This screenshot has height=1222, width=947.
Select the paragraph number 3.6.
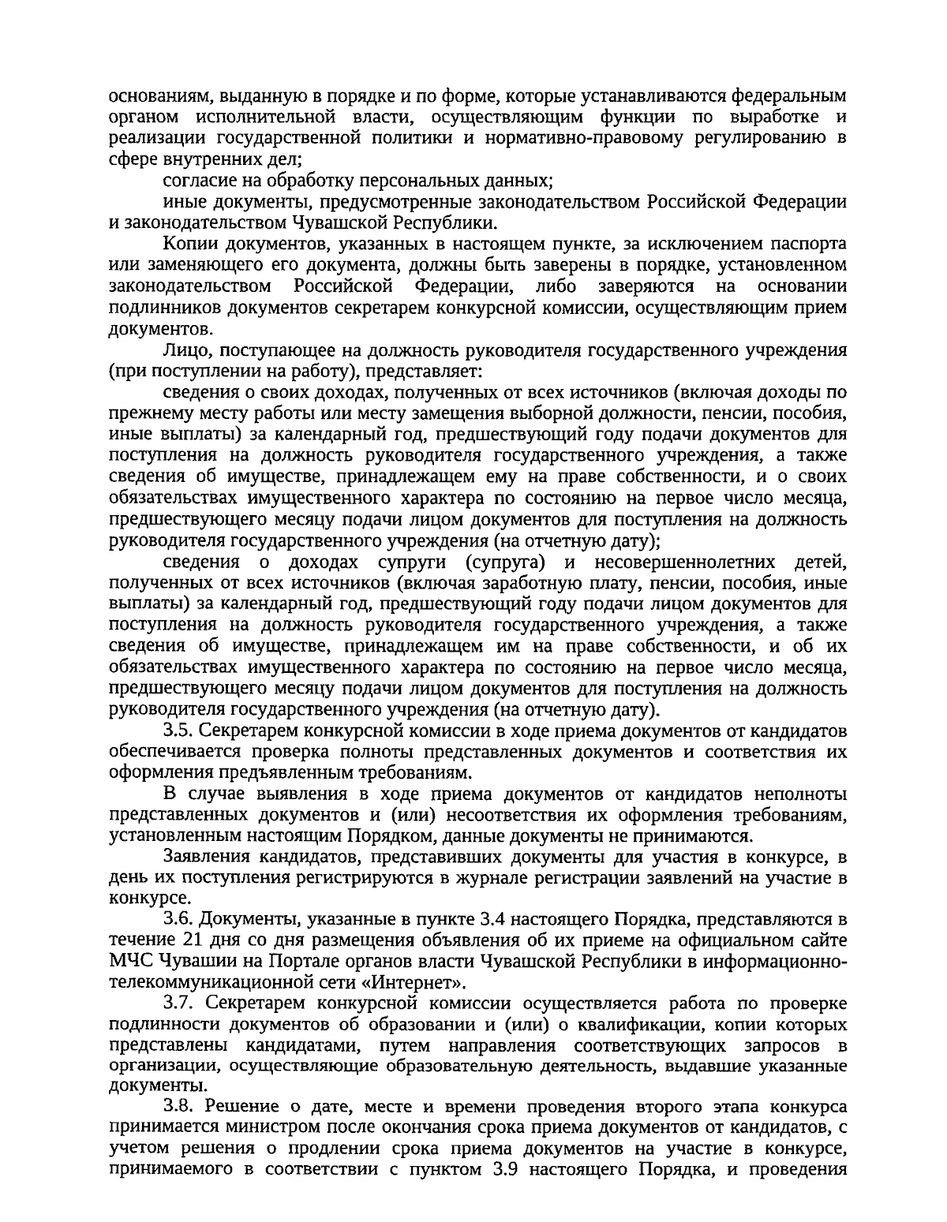176,919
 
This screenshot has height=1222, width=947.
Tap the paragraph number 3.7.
176,1004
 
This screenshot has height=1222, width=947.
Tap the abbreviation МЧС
130,962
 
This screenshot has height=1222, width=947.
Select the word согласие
197,179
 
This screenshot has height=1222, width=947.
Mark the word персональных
410,179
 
